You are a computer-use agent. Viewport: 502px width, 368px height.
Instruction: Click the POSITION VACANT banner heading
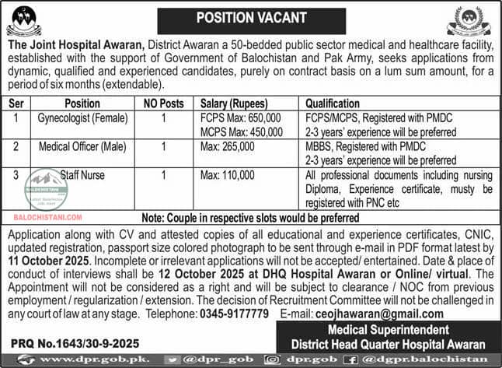click(x=250, y=16)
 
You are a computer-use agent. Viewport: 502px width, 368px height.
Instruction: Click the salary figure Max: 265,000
click(x=228, y=146)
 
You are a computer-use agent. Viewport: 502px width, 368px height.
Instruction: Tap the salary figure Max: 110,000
click(x=228, y=175)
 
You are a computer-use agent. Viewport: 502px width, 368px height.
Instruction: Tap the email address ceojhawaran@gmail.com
click(x=380, y=314)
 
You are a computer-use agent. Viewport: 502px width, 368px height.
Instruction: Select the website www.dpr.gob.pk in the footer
click(x=85, y=359)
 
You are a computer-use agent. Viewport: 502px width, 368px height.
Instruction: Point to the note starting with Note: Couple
click(x=251, y=220)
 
